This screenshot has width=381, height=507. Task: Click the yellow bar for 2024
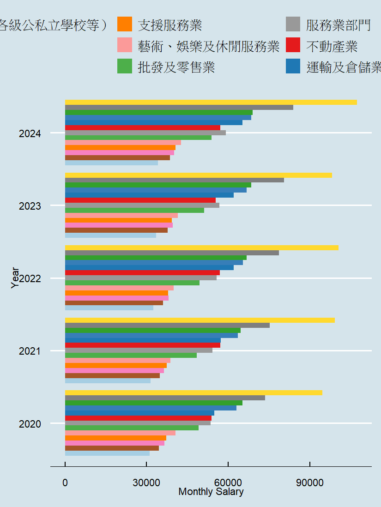point(211,102)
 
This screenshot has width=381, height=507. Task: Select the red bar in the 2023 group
point(140,200)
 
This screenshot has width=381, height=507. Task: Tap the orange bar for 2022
point(116,293)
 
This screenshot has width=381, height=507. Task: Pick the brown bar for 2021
point(112,375)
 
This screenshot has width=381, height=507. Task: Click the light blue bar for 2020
point(107,453)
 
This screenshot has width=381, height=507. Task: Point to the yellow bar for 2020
point(194,392)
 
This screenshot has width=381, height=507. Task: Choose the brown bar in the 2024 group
point(117,157)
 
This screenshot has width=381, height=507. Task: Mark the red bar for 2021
point(143,345)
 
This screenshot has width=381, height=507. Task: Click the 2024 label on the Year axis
point(30,134)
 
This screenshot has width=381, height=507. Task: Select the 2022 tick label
point(30,278)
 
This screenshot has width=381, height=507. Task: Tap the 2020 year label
point(30,424)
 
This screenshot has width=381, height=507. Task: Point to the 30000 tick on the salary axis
point(146,483)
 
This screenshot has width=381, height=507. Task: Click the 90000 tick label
point(309,483)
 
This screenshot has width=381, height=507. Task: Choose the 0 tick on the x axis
point(65,483)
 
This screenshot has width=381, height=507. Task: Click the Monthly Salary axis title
point(211,492)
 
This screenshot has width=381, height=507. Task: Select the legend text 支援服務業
point(170,25)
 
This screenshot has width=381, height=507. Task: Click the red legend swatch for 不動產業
point(293,46)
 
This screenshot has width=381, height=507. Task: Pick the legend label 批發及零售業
point(176,67)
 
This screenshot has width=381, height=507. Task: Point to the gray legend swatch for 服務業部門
point(293,24)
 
